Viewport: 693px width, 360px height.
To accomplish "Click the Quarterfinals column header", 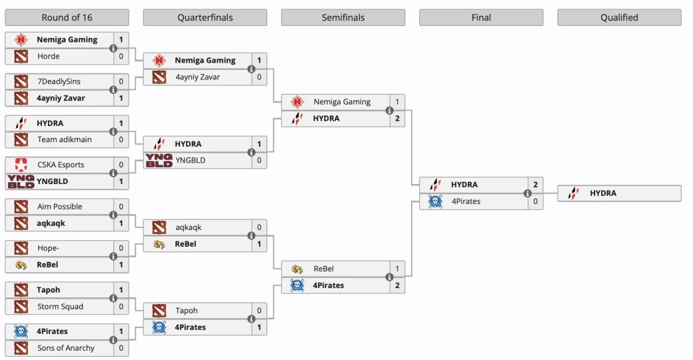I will point(205,17).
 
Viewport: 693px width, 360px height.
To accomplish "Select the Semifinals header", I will point(343,17).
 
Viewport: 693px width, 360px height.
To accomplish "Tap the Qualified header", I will point(619,17).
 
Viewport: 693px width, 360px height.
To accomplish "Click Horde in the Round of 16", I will point(49,57).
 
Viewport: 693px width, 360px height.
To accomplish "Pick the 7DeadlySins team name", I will point(59,81).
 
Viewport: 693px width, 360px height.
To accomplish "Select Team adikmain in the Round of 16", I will point(65,140).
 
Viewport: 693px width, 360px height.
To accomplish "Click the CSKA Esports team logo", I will point(21,165).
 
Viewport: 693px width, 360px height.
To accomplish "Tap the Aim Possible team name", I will point(60,207).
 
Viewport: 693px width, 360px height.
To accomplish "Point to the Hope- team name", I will point(49,248).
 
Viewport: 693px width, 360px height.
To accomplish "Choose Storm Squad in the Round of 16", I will point(61,307).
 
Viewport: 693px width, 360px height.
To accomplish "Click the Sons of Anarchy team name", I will point(66,348).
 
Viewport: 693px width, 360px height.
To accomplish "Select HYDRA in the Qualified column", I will point(603,193).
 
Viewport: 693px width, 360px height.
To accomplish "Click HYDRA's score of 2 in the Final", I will point(535,185).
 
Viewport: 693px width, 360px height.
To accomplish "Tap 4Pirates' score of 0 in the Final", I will point(535,201).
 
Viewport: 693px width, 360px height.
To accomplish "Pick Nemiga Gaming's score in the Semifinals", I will point(397,102).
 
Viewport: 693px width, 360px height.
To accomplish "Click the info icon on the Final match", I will point(527,193).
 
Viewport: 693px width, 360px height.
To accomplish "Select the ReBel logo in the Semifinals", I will point(297,269).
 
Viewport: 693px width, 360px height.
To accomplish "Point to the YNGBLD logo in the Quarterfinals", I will point(159,161).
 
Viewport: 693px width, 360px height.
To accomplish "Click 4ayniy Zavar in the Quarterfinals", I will point(198,77).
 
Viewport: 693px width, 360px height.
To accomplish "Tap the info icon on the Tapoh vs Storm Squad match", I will point(113,299).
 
